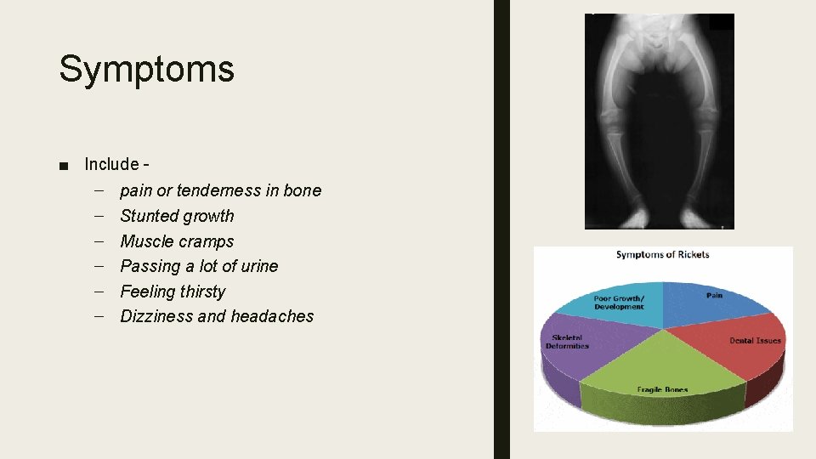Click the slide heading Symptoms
pyautogui.click(x=146, y=69)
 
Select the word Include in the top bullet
pyautogui.click(x=111, y=164)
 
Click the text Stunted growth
pyautogui.click(x=177, y=216)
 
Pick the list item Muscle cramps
pyautogui.click(x=177, y=241)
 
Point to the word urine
pyautogui.click(x=259, y=266)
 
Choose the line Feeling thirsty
pyautogui.click(x=173, y=292)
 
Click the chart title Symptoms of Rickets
pyautogui.click(x=662, y=254)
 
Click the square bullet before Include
pyautogui.click(x=65, y=165)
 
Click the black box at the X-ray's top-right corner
pyautogui.click(x=721, y=22)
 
